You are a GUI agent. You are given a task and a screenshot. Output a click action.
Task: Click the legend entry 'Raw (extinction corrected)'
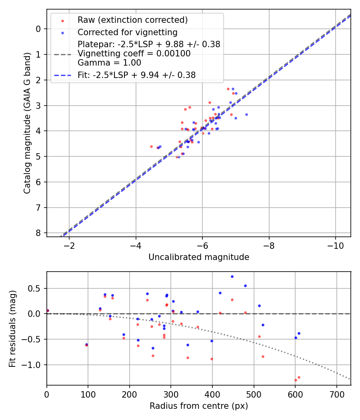[132, 20]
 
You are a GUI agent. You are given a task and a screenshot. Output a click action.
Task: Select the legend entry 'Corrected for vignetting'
[127, 32]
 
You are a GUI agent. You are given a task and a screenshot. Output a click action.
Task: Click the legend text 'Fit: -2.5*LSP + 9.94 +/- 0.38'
[136, 75]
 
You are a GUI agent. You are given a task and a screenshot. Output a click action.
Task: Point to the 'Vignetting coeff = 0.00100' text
[134, 54]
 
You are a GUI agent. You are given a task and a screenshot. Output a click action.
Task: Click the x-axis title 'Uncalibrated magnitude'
[199, 257]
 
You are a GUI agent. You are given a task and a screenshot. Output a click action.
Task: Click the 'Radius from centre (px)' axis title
[199, 406]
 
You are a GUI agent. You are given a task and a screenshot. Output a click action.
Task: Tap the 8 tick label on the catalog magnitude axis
[38, 233]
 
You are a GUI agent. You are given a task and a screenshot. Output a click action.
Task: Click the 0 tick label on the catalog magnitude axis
[38, 29]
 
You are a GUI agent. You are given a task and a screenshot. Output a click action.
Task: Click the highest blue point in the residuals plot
[232, 276]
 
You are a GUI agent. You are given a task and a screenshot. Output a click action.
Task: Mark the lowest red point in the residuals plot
[296, 380]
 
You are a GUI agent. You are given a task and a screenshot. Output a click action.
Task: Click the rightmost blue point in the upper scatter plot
[246, 114]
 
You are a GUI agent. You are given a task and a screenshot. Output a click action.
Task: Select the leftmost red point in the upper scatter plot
[151, 146]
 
